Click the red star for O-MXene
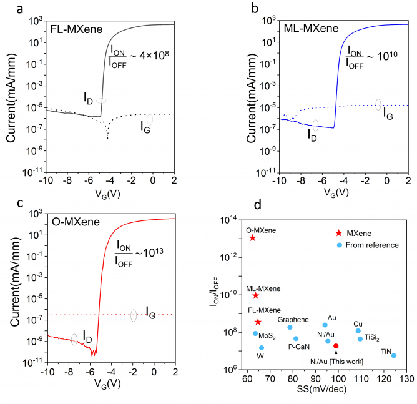pyautogui.click(x=252, y=237)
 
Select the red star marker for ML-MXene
pyautogui.click(x=255, y=295)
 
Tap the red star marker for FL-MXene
pyautogui.click(x=258, y=322)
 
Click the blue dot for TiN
pyautogui.click(x=394, y=355)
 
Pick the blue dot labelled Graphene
pyautogui.click(x=290, y=327)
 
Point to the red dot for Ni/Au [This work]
pyautogui.click(x=336, y=345)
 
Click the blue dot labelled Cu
pyautogui.click(x=358, y=331)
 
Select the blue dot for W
pyautogui.click(x=262, y=348)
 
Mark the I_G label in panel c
pyautogui.click(x=150, y=310)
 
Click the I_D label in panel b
pyautogui.click(x=311, y=132)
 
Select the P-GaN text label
pyautogui.click(x=300, y=347)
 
